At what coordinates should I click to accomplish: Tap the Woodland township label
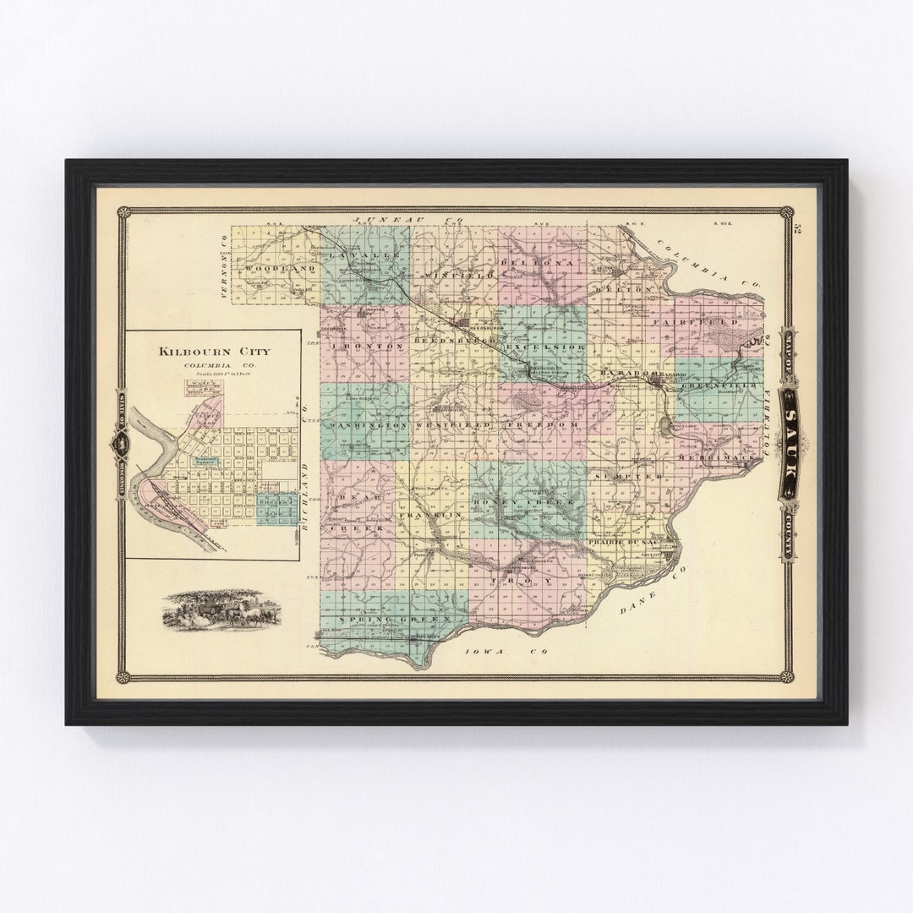pos(269,268)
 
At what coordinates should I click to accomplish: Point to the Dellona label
pos(541,263)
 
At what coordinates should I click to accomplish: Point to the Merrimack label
pos(718,456)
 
